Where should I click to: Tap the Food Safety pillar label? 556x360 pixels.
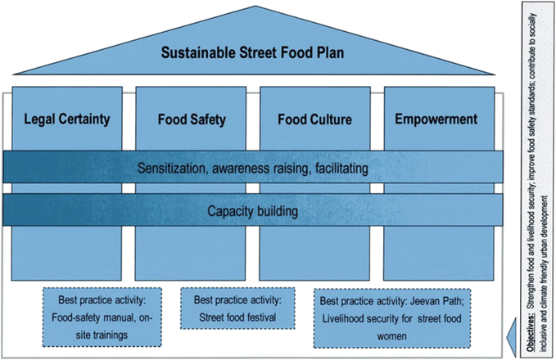tap(191, 119)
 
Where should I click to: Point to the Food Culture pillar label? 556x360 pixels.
tap(314, 119)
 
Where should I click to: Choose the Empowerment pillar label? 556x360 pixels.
tap(436, 119)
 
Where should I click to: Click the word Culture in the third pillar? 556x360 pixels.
tap(332, 119)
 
